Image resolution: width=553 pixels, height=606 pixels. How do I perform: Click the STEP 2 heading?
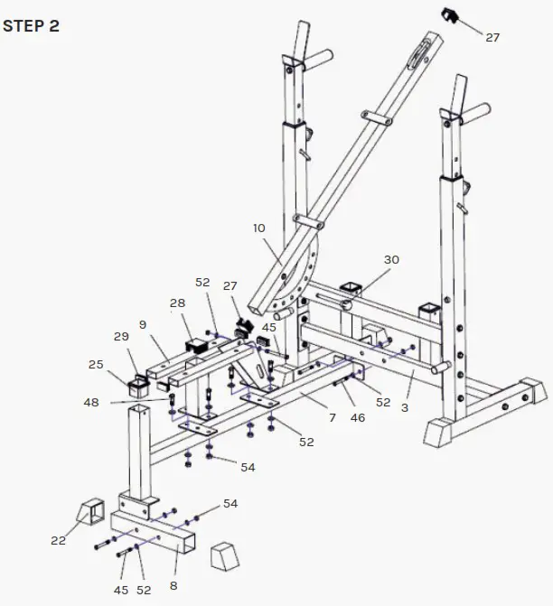click(31, 25)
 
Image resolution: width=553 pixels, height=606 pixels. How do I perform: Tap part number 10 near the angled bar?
click(261, 230)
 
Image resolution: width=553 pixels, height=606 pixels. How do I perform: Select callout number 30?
click(390, 260)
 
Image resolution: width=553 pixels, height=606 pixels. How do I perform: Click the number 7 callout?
click(332, 417)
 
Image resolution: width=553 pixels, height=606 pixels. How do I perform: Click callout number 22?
click(58, 541)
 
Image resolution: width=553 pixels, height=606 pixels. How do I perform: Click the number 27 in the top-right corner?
click(492, 38)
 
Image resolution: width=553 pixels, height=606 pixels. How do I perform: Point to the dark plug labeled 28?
click(197, 345)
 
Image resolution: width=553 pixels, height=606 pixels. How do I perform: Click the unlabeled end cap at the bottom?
click(223, 554)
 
